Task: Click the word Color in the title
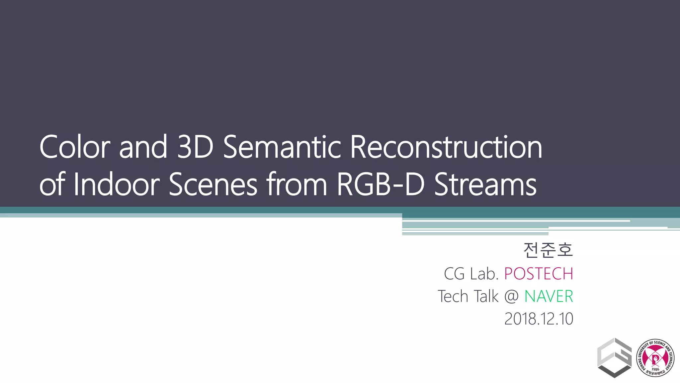pyautogui.click(x=75, y=147)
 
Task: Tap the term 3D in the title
pyautogui.click(x=195, y=147)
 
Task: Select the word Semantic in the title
pyautogui.click(x=282, y=147)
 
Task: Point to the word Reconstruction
pyautogui.click(x=446, y=147)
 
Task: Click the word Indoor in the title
pyautogui.click(x=117, y=185)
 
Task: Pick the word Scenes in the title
pyautogui.click(x=213, y=185)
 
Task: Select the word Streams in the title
pyautogui.click(x=485, y=185)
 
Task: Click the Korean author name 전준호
pyautogui.click(x=548, y=250)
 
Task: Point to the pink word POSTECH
pyautogui.click(x=539, y=274)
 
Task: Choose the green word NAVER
pyautogui.click(x=549, y=297)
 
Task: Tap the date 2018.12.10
pyautogui.click(x=539, y=319)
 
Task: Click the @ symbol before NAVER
pyautogui.click(x=511, y=297)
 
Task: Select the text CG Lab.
pyautogui.click(x=471, y=274)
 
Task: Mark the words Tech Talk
pyautogui.click(x=468, y=297)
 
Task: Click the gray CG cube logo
pyautogui.click(x=614, y=358)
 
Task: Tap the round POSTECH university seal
pyautogui.click(x=655, y=358)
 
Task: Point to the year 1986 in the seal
pyautogui.click(x=655, y=369)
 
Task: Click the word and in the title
pyautogui.click(x=143, y=147)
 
